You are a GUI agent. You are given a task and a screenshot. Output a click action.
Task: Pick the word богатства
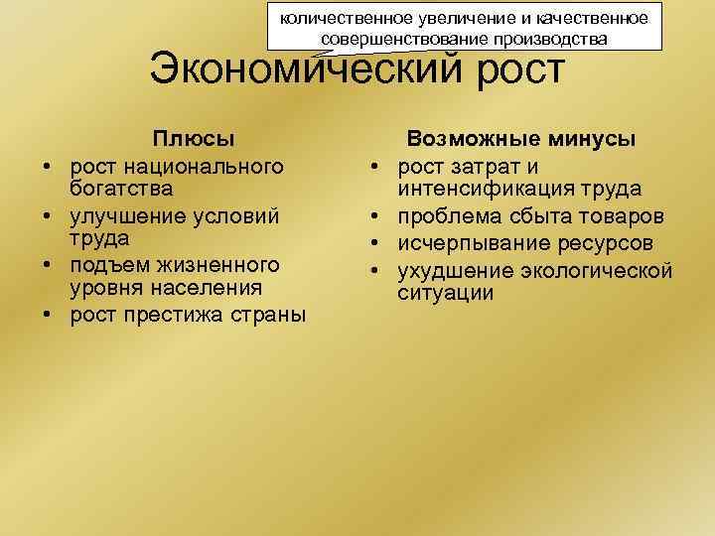121,188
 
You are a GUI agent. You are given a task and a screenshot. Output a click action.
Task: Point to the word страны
273,316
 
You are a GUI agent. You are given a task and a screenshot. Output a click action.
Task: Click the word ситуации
445,294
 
